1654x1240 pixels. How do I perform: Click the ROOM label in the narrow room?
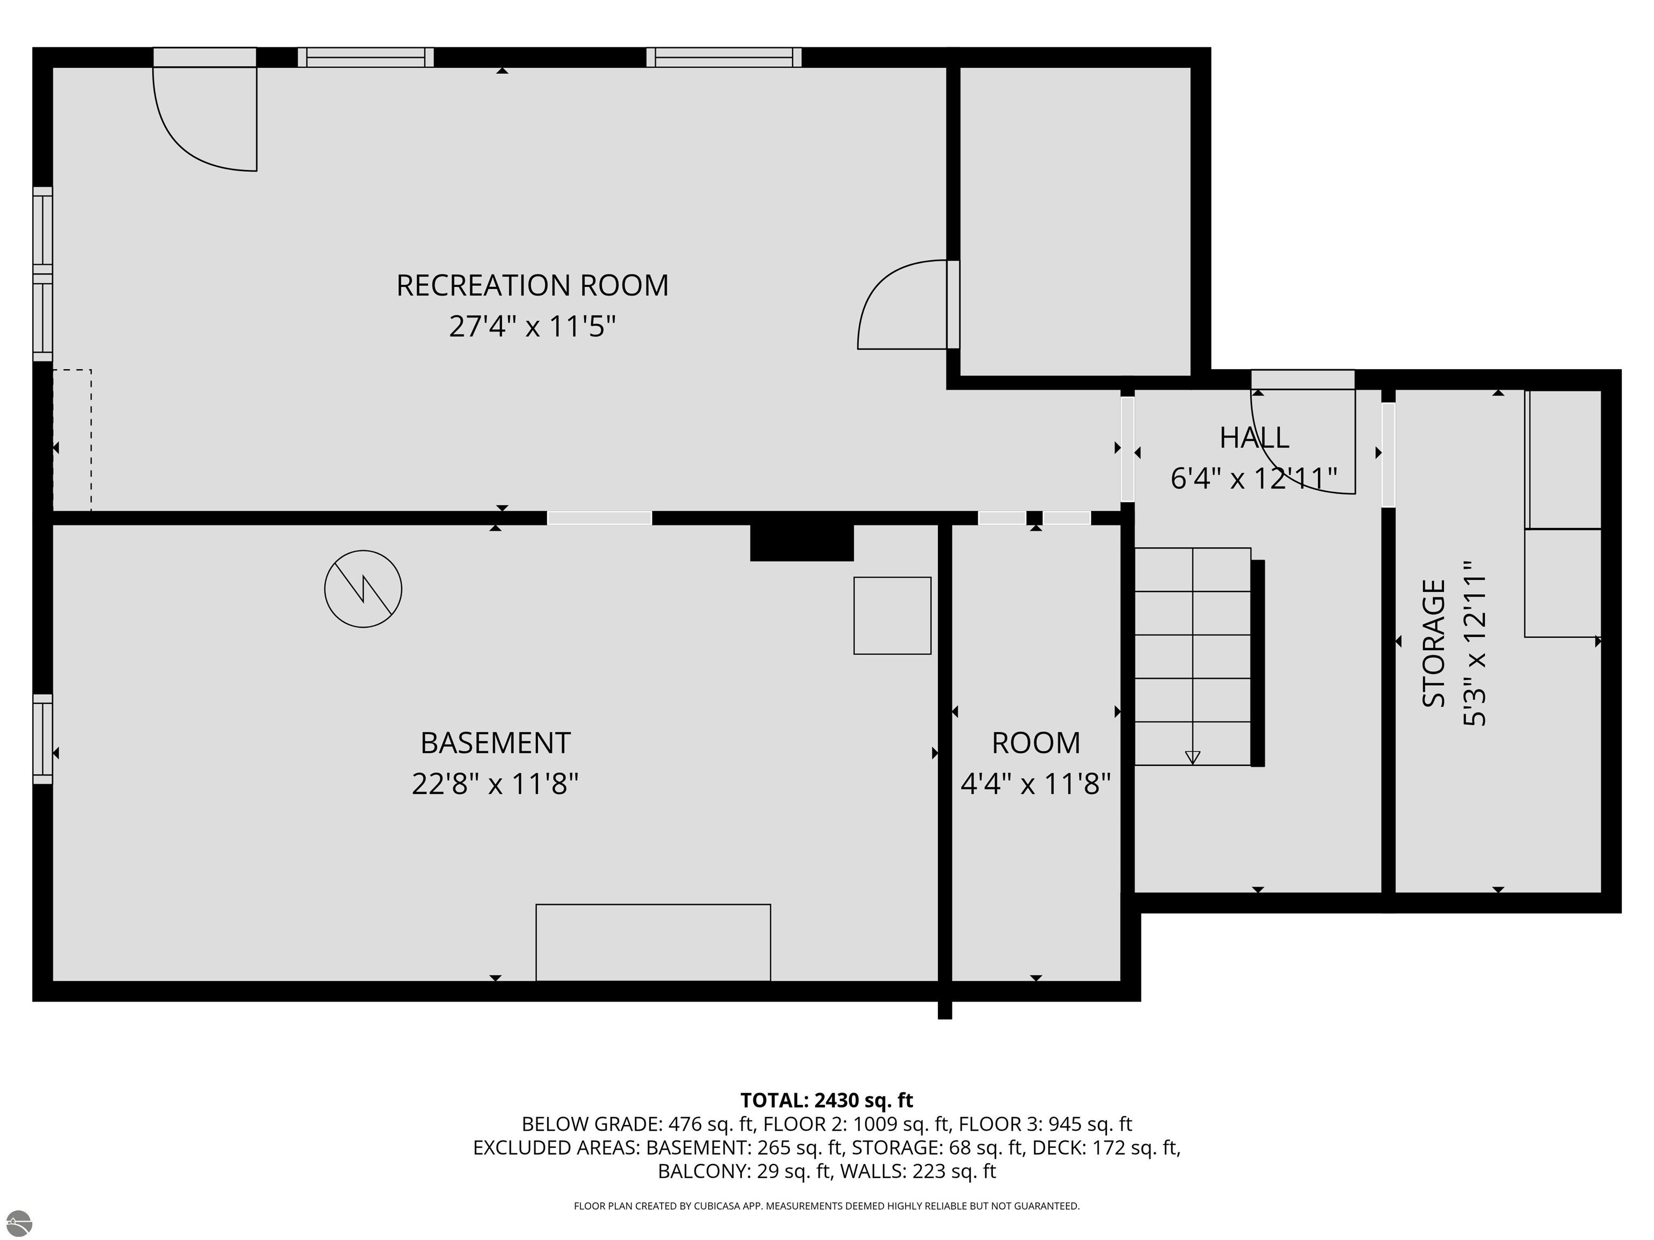click(1035, 743)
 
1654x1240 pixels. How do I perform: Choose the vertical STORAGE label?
click(1433, 644)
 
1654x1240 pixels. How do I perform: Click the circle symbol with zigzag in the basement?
click(363, 589)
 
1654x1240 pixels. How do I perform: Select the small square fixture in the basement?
click(892, 616)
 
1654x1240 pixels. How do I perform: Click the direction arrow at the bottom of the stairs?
click(1193, 757)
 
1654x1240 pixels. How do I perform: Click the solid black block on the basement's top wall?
click(802, 542)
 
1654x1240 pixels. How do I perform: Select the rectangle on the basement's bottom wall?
click(653, 942)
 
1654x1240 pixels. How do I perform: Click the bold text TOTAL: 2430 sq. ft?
click(826, 1100)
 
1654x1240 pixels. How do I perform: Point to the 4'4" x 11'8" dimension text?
click(1035, 784)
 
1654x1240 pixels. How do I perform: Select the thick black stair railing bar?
click(1258, 664)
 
